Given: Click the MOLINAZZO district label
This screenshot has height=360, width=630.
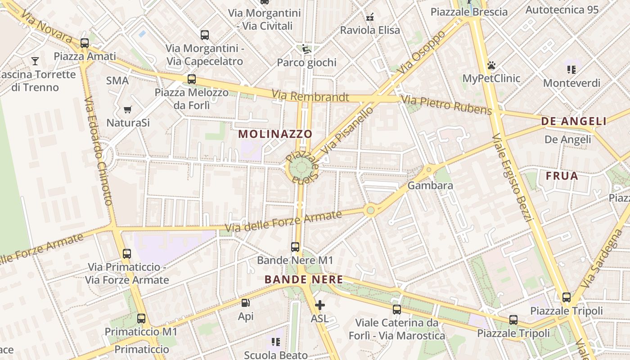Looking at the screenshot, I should tap(275, 134).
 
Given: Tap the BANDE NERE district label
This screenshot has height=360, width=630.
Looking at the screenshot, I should tap(304, 279).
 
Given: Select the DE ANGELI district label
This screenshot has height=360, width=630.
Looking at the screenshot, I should tap(574, 121).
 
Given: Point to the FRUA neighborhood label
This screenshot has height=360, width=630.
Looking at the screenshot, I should tap(562, 176).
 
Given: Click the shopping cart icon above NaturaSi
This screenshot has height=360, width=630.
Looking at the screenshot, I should tap(128, 109).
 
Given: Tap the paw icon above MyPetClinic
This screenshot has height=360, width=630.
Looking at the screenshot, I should tap(491, 65).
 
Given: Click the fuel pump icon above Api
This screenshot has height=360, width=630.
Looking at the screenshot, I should tap(245, 303).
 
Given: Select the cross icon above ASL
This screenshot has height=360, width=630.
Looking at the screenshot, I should tap(319, 306).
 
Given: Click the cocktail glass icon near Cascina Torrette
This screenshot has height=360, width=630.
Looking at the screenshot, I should tap(35, 61).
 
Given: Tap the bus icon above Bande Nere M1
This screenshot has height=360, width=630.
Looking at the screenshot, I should tap(295, 247).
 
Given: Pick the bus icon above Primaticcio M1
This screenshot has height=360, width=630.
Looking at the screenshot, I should tap(141, 319).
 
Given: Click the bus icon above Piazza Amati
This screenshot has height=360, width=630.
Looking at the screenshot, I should tap(85, 43).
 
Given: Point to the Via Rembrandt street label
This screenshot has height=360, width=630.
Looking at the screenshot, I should tap(310, 96).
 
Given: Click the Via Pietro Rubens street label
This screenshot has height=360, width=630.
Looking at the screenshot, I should tap(446, 105).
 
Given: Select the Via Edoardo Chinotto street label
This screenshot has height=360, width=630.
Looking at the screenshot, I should tap(98, 151).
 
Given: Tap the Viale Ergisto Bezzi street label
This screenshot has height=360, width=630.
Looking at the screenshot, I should tap(513, 178).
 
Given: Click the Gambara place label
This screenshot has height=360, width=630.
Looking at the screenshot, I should tap(424, 185).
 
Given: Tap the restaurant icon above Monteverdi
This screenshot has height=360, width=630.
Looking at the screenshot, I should tap(571, 70).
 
